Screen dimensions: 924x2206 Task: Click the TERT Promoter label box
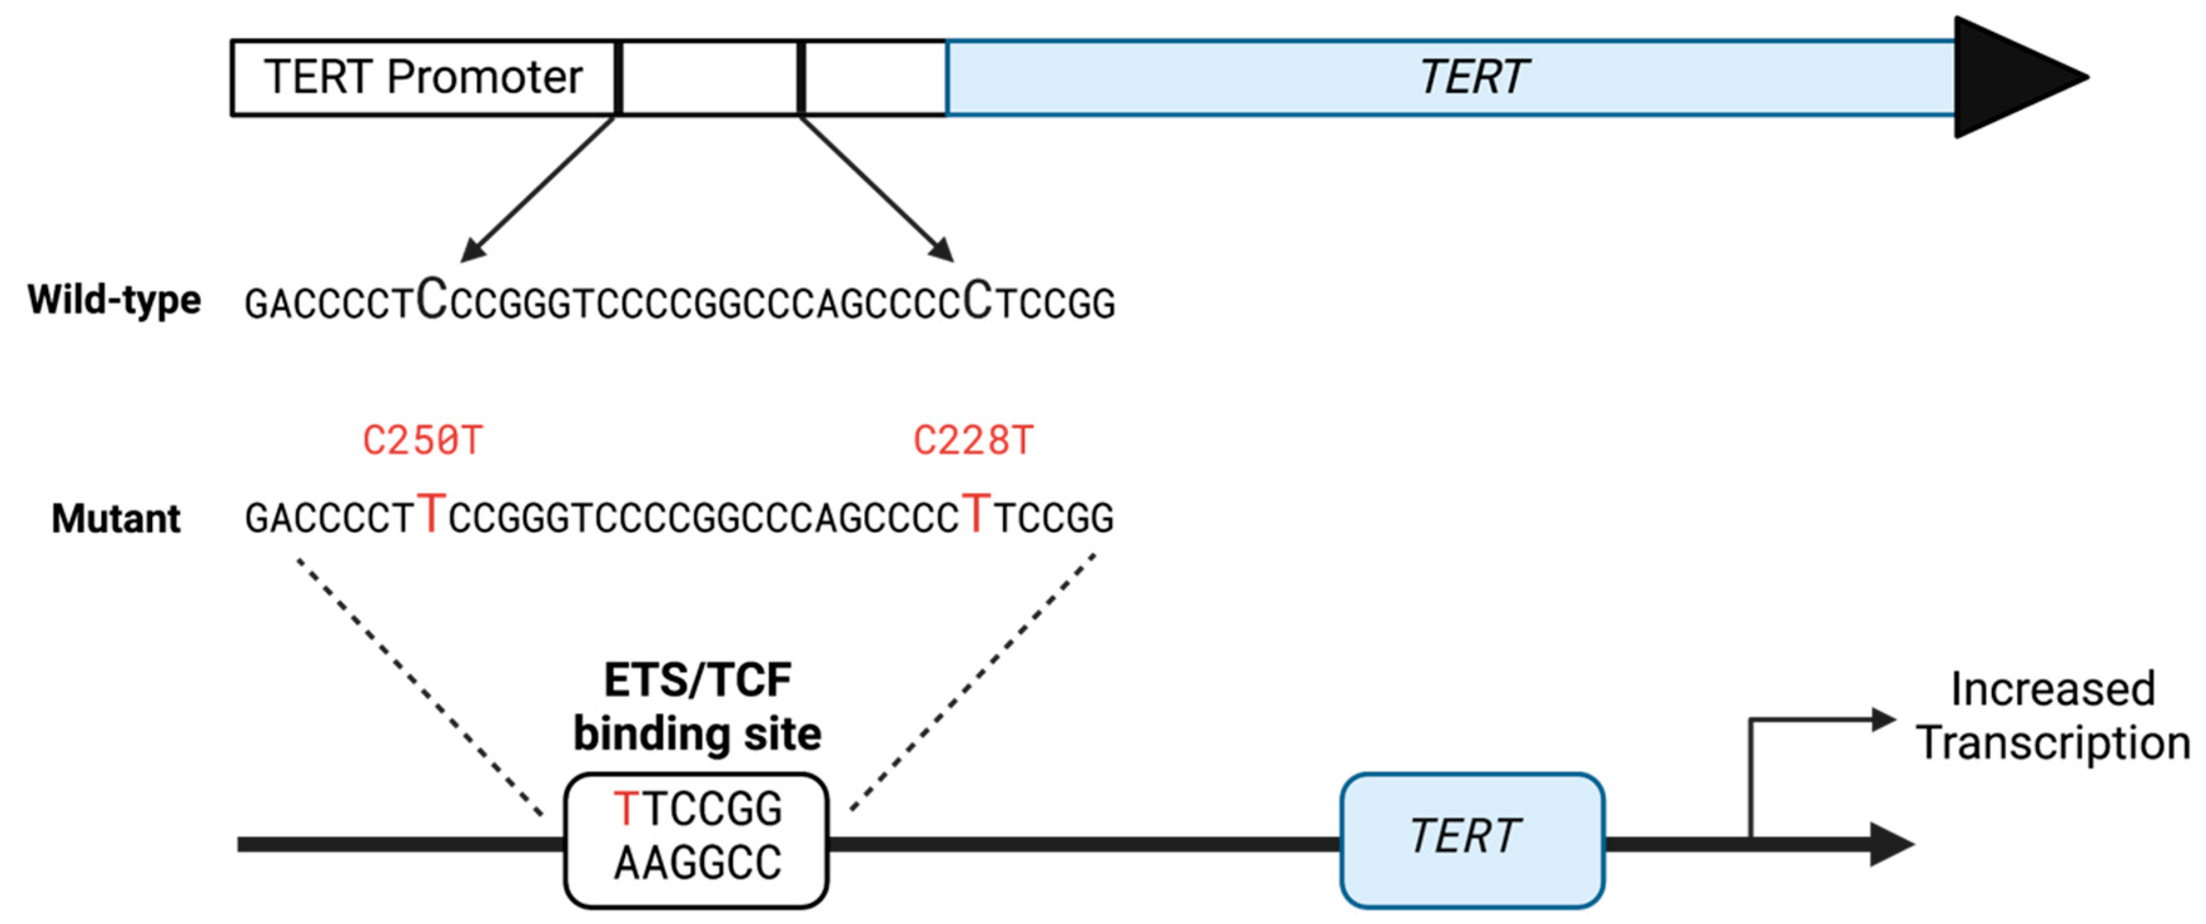click(423, 77)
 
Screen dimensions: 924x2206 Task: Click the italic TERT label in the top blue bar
click(1473, 77)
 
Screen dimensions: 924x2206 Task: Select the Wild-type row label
click(114, 300)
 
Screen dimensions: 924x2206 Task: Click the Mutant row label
click(116, 518)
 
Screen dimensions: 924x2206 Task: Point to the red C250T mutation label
click(422, 441)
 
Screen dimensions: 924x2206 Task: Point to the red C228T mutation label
click(973, 441)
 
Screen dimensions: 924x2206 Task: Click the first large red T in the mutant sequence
click(432, 515)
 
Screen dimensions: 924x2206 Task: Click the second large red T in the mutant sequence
click(976, 515)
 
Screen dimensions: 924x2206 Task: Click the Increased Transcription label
click(2052, 716)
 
